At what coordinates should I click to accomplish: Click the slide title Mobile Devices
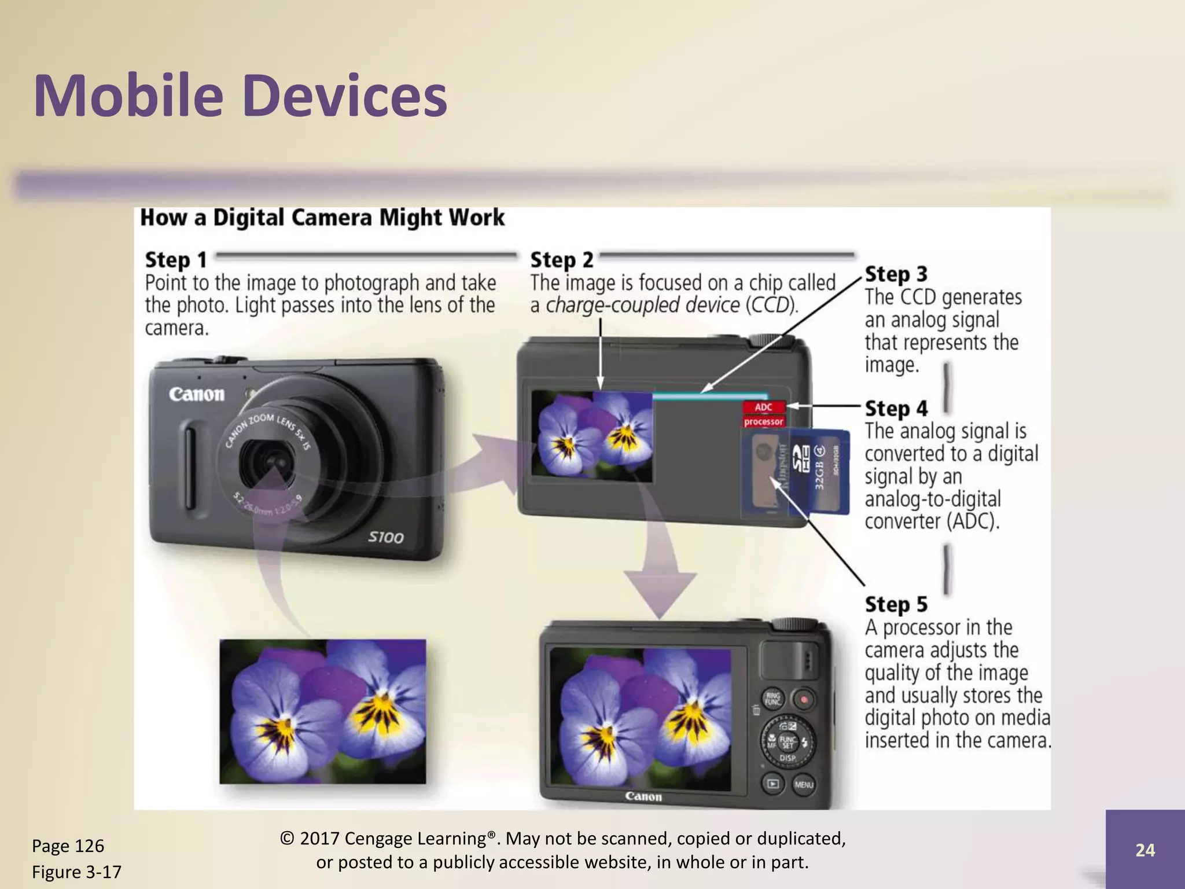[240, 95]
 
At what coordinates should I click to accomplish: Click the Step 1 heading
[175, 260]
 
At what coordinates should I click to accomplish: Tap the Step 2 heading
[561, 260]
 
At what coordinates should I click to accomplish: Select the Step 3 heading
[896, 274]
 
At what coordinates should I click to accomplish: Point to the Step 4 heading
[896, 409]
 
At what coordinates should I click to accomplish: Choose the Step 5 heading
[896, 604]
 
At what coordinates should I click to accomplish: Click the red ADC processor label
[764, 414]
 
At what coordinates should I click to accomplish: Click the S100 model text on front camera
[385, 538]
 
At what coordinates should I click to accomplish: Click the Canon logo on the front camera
[197, 395]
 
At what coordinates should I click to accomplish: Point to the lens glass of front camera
[270, 460]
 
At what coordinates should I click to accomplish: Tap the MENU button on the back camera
[804, 785]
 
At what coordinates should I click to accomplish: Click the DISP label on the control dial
[787, 758]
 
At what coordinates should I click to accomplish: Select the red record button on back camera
[803, 699]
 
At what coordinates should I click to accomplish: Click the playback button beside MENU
[772, 784]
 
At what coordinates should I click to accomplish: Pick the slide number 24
[1144, 850]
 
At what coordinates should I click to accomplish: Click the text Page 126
[68, 846]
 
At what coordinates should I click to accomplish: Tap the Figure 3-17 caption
[76, 872]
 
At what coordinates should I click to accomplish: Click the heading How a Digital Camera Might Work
[322, 218]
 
